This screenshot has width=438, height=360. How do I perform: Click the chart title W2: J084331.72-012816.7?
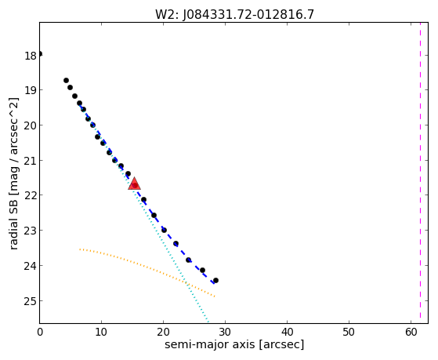pyautogui.click(x=234, y=14)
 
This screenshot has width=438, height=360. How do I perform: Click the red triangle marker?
pyautogui.click(x=134, y=184)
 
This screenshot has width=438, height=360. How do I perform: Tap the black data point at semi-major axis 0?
pyautogui.click(x=40, y=53)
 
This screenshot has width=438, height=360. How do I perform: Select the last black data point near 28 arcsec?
pyautogui.click(x=215, y=280)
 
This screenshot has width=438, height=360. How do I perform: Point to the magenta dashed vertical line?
pyautogui.click(x=420, y=173)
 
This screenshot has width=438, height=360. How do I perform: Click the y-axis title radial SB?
pyautogui.click(x=14, y=173)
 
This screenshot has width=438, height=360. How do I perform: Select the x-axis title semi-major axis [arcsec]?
pyautogui.click(x=234, y=344)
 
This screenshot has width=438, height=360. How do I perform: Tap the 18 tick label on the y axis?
pyautogui.click(x=31, y=56)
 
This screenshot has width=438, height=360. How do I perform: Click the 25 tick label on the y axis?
pyautogui.click(x=31, y=301)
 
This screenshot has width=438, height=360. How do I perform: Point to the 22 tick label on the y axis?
pyautogui.click(x=31, y=195)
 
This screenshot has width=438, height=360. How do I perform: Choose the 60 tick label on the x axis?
pyautogui.click(x=411, y=332)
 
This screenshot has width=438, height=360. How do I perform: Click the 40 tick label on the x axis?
pyautogui.click(x=287, y=332)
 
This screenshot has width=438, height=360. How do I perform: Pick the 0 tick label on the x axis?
pyautogui.click(x=40, y=332)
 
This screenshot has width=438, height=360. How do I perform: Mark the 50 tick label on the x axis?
pyautogui.click(x=349, y=332)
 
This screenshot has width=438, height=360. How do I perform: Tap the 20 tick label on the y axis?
pyautogui.click(x=31, y=125)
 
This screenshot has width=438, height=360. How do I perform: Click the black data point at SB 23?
pyautogui.click(x=164, y=230)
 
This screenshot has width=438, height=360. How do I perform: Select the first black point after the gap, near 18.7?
pyautogui.click(x=66, y=80)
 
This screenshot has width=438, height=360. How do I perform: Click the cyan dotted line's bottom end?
pyautogui.click(x=208, y=322)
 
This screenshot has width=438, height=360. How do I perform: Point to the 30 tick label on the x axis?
pyautogui.click(x=225, y=332)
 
